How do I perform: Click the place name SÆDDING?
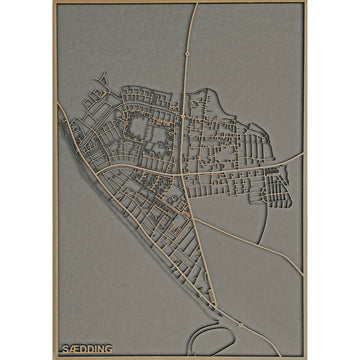(x=86, y=349)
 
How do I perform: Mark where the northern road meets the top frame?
(x=194, y=5)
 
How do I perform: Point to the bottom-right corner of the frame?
(x=304, y=356)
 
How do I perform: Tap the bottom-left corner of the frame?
(x=55, y=356)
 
